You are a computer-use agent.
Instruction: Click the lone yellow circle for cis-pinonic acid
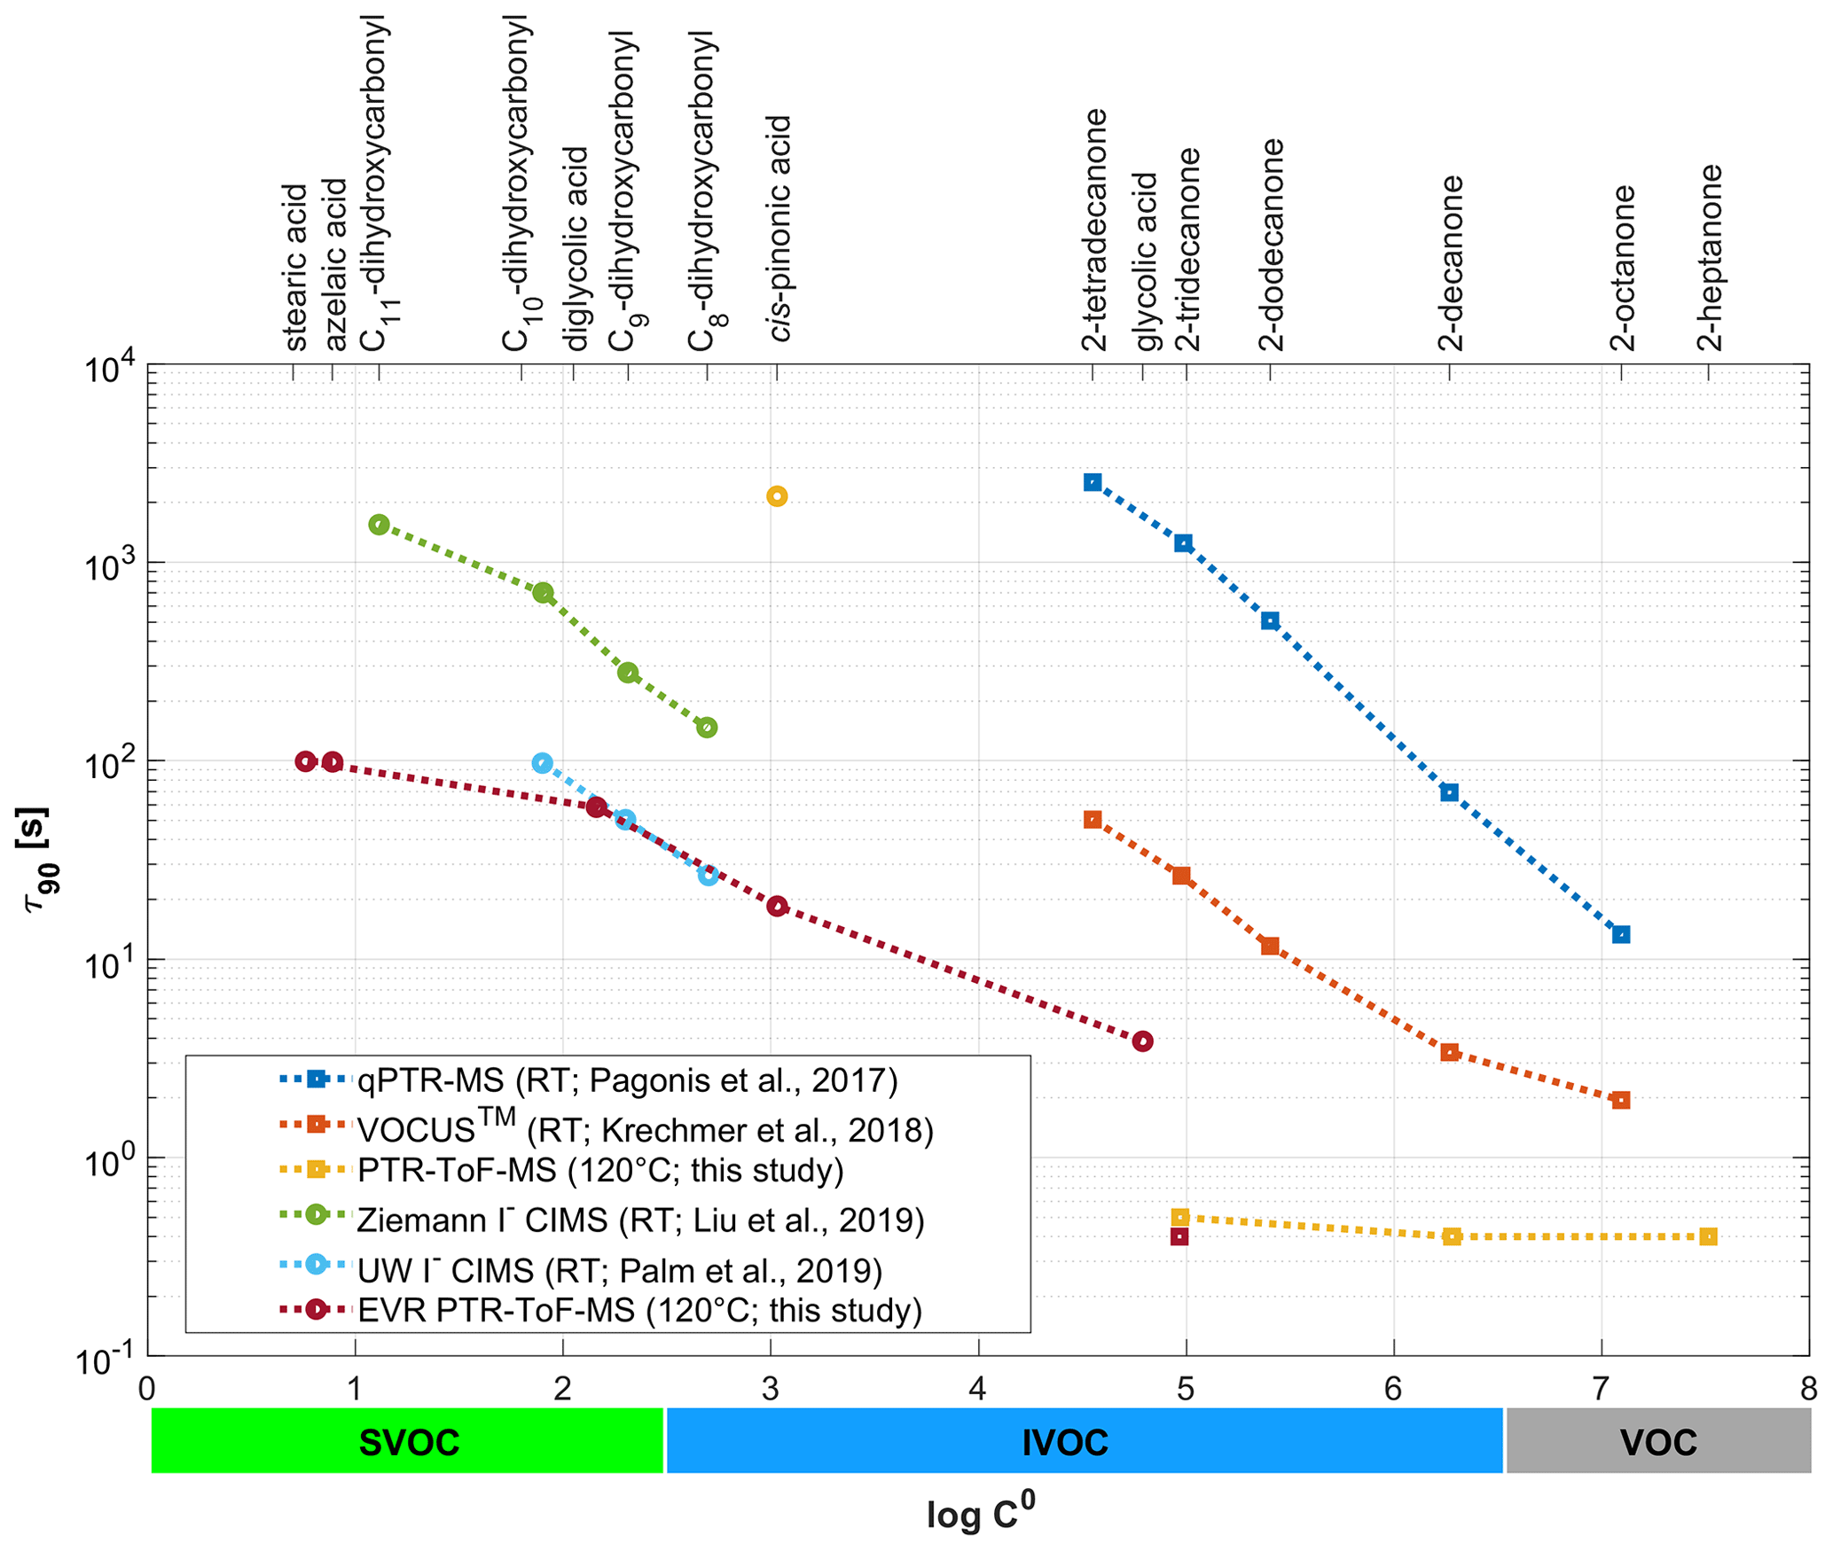[776, 496]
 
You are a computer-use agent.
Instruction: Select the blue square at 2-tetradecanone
[1093, 482]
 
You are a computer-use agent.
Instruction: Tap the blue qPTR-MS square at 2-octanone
[1621, 934]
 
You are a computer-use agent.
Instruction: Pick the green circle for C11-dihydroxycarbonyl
[379, 525]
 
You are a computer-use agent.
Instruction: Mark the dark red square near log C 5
[1179, 1236]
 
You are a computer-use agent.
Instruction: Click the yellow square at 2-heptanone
[1708, 1236]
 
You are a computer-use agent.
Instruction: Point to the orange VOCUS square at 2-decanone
[1449, 1052]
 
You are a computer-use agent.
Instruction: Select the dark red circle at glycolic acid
[1142, 1041]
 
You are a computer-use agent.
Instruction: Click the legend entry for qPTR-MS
[627, 1080]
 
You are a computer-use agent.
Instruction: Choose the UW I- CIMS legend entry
[619, 1271]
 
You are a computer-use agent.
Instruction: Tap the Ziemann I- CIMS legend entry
[640, 1220]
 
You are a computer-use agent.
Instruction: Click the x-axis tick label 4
[977, 1388]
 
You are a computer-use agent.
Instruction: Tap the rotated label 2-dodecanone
[1272, 245]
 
